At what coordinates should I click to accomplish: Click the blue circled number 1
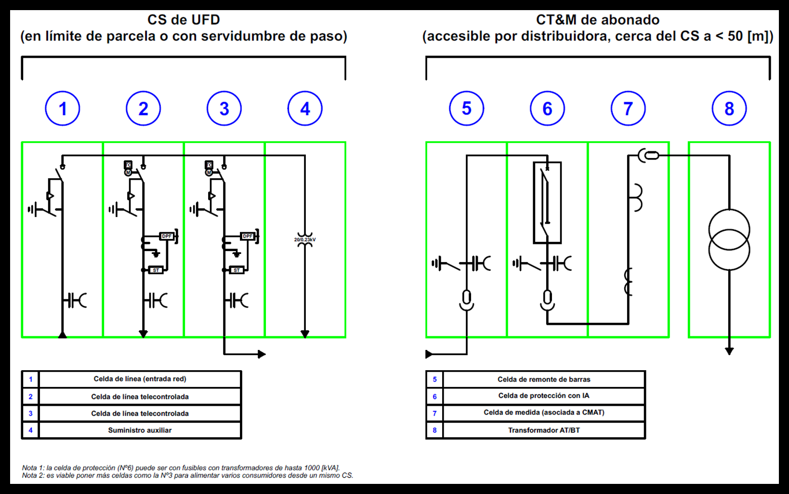pos(62,108)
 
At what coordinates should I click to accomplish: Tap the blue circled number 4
pos(305,108)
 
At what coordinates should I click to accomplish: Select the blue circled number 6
pos(547,108)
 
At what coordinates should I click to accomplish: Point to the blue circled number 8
pos(729,108)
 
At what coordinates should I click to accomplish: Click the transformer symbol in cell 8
pos(729,240)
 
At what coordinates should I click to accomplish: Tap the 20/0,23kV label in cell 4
pos(305,240)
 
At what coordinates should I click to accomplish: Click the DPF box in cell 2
pos(167,236)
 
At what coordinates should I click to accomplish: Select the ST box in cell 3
pos(237,270)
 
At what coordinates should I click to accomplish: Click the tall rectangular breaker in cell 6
pos(547,202)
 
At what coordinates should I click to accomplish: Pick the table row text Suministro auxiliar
pos(140,430)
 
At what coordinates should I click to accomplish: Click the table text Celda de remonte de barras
pos(544,379)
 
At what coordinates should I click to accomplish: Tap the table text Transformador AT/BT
pos(544,430)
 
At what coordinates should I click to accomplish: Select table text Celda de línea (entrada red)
pos(140,379)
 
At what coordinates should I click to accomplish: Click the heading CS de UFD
pos(184,20)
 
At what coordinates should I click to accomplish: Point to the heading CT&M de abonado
pos(597,20)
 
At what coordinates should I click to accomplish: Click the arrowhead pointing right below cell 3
pos(262,354)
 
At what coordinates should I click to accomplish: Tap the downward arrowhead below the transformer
pos(729,351)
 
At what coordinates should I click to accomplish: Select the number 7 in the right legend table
pos(434,413)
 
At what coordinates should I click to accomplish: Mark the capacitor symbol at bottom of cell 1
pos(75,300)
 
